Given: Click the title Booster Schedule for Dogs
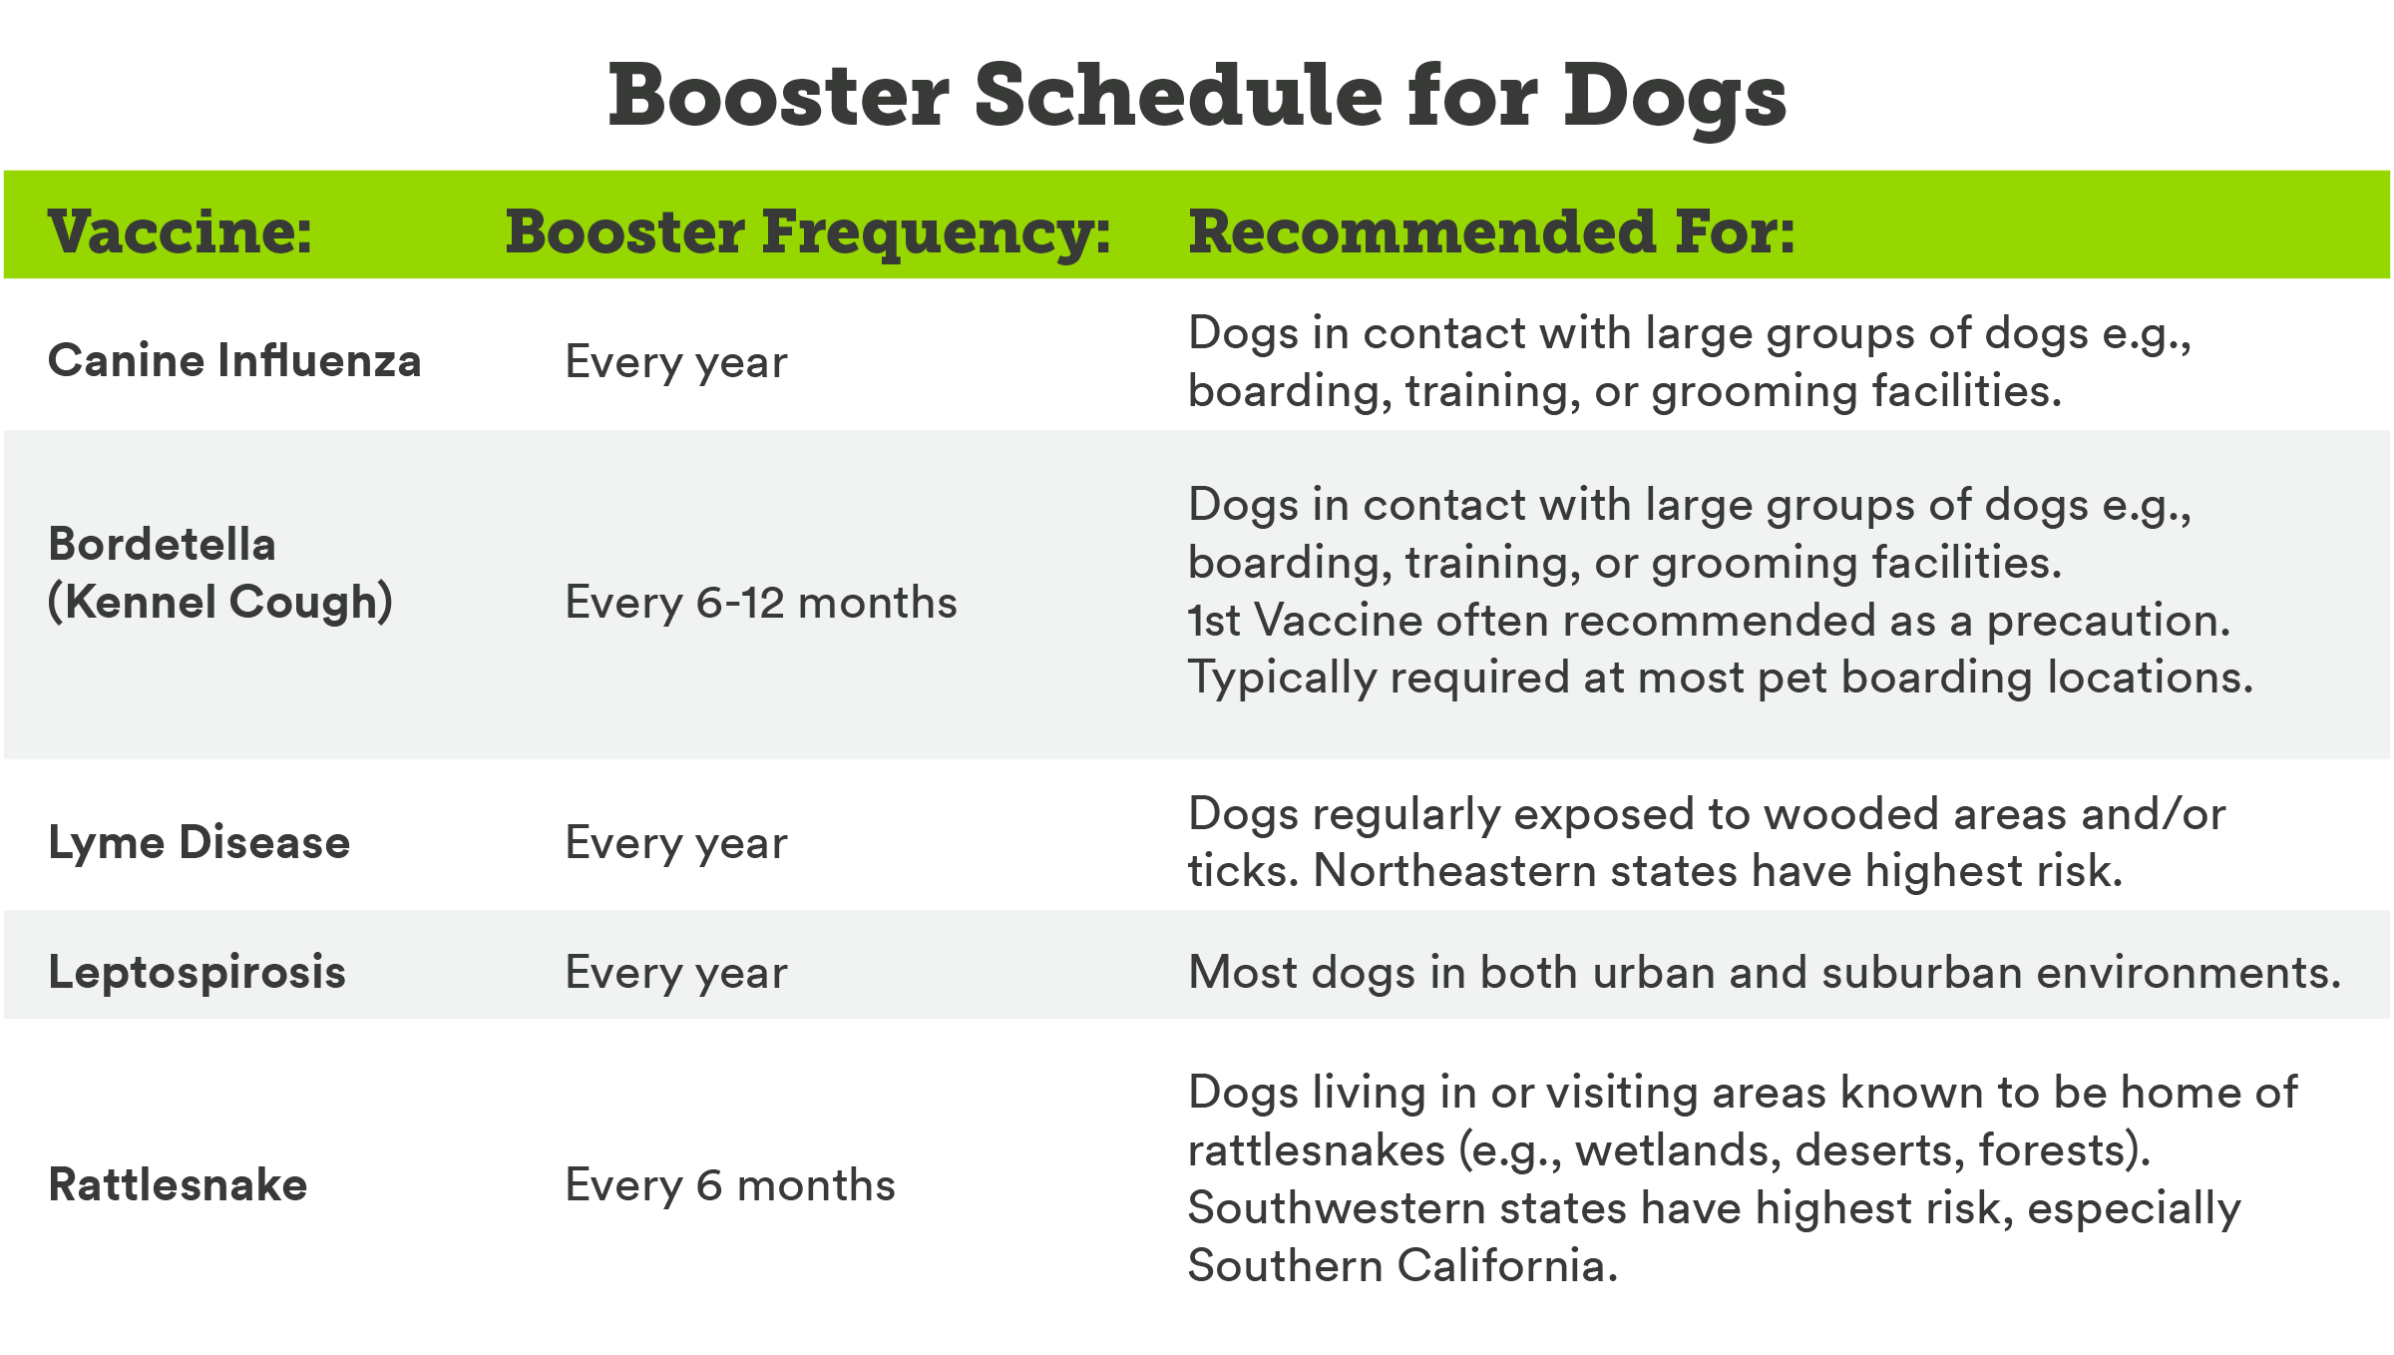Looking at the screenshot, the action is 1197,97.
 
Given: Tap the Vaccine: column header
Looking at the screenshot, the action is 180,232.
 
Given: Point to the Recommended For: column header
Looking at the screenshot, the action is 1491,232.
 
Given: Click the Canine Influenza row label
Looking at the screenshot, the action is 234,360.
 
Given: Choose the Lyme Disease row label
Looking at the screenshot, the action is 199,843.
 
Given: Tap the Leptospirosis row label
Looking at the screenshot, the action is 198,973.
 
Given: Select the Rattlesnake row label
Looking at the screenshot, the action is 178,1185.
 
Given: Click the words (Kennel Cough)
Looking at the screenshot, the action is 220,603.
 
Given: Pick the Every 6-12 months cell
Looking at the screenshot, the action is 761,603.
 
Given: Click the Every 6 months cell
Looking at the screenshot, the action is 730,1185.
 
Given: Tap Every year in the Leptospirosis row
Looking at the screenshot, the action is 676,973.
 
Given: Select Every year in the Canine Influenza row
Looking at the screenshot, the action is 676,362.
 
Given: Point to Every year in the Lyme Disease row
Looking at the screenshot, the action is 676,844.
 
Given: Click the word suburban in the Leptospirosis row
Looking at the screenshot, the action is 1922,973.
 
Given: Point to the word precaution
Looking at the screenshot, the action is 2109,622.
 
